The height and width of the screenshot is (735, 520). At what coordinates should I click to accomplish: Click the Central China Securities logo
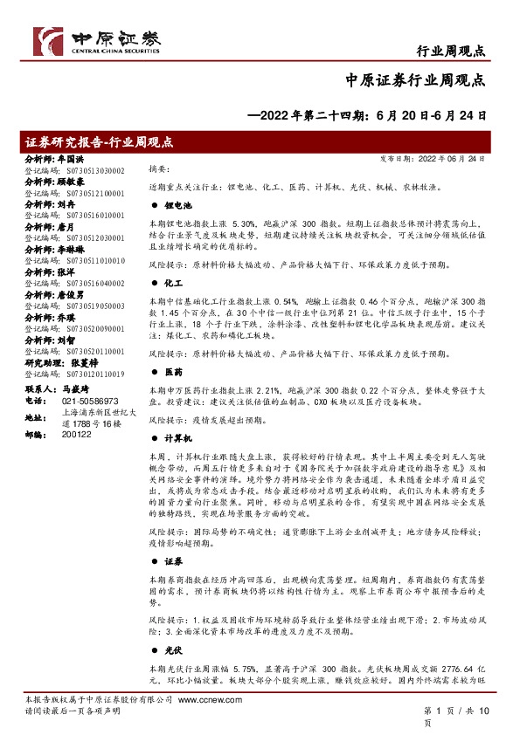tap(96, 38)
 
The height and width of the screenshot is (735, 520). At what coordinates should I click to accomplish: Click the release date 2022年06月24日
tap(457, 159)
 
